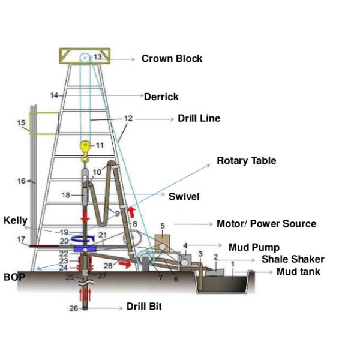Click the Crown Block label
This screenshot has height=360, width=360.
(x=172, y=59)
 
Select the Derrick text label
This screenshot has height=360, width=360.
(x=161, y=96)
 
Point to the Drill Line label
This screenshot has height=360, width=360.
(x=199, y=118)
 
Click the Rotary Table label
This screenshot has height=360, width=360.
(x=246, y=161)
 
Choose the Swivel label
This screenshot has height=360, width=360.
(x=184, y=196)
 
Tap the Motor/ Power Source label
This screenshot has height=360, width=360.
(x=266, y=224)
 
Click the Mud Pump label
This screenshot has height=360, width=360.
(x=254, y=247)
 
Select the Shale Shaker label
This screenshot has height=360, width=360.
(x=293, y=259)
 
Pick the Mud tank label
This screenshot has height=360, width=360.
(x=298, y=271)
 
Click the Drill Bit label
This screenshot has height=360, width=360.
(x=144, y=307)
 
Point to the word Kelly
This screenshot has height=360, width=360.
(x=15, y=221)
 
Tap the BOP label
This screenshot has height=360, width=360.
(x=14, y=277)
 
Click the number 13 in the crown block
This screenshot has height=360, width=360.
(x=98, y=56)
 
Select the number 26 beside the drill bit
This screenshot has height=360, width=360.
(x=73, y=309)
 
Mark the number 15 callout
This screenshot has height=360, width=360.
(x=21, y=123)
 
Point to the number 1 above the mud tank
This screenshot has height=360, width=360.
(x=232, y=263)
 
